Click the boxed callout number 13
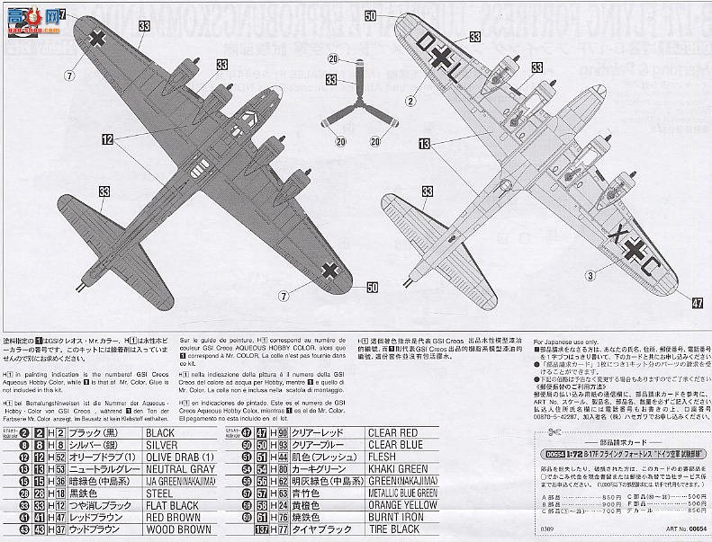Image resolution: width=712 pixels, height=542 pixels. [x=425, y=143]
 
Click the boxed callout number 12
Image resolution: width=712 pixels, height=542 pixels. [x=107, y=139]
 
